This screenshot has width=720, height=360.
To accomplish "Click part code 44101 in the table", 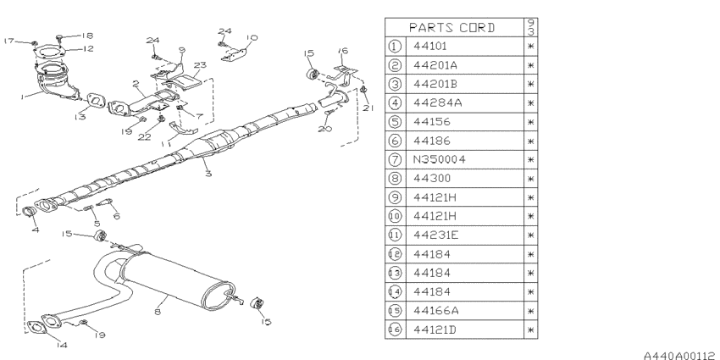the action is [429, 46].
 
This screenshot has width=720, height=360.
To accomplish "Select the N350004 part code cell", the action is [439, 159].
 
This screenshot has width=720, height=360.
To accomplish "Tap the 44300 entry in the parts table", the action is [432, 178].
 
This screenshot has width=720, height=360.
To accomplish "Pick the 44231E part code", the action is [435, 235].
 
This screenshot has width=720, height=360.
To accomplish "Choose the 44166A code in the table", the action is [435, 310].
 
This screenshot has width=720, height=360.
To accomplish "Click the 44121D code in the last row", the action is [435, 330].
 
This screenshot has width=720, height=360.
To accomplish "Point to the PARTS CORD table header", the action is [452, 28].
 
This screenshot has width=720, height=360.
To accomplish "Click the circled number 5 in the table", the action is [395, 122].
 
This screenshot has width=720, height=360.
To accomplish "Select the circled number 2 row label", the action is [395, 65].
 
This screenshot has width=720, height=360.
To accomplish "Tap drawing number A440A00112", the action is [680, 355].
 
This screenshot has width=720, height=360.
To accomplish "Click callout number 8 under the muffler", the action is [157, 312].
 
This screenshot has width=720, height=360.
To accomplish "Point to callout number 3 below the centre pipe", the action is [209, 174].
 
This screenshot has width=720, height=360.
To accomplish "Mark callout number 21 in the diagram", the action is [368, 108].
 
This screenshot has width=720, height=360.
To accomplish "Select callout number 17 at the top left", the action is [8, 41].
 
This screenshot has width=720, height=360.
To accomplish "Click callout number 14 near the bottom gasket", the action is [62, 345].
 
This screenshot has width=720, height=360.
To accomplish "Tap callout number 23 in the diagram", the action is [200, 65].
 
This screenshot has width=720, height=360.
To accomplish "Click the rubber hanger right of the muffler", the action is [258, 304].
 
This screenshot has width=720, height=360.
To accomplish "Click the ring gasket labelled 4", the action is [30, 212].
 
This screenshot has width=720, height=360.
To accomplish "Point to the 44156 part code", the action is [432, 122].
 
